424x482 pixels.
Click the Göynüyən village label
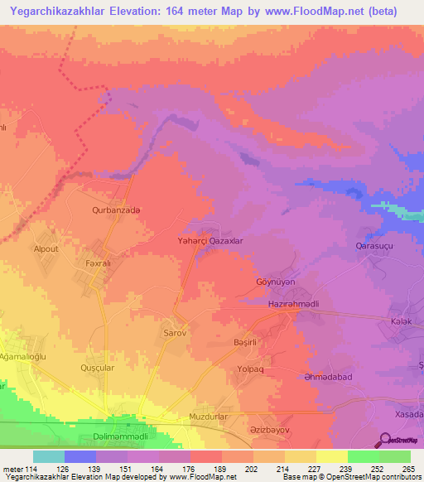(x=273, y=281)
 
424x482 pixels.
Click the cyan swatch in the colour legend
(x=49, y=456)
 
